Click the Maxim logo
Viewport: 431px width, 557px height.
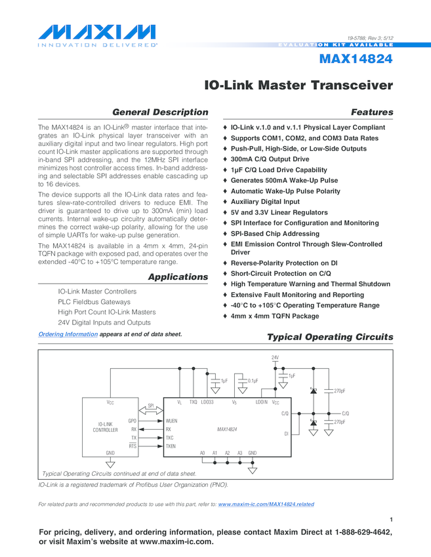[x=97, y=33]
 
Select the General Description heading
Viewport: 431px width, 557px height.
[x=161, y=112]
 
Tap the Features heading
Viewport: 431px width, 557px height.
[x=372, y=112]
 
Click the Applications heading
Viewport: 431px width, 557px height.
[x=178, y=277]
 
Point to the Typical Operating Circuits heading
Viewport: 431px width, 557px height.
[x=329, y=337]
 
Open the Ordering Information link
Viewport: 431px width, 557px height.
[x=68, y=334]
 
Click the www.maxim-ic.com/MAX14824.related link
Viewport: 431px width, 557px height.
[x=266, y=504]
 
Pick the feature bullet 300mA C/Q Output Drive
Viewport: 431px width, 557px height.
[x=270, y=159]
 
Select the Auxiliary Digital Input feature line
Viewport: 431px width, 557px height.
[x=265, y=202]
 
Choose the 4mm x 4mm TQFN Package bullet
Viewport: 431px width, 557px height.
[x=275, y=316]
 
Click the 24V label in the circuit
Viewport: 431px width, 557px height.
[x=275, y=357]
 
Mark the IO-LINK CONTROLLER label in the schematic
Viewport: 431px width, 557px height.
[x=105, y=427]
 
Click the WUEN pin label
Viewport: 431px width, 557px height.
[x=172, y=420]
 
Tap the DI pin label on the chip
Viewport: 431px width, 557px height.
[x=286, y=434]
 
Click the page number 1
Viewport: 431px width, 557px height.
[x=391, y=520]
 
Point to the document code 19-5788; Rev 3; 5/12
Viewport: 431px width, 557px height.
[x=371, y=39]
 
